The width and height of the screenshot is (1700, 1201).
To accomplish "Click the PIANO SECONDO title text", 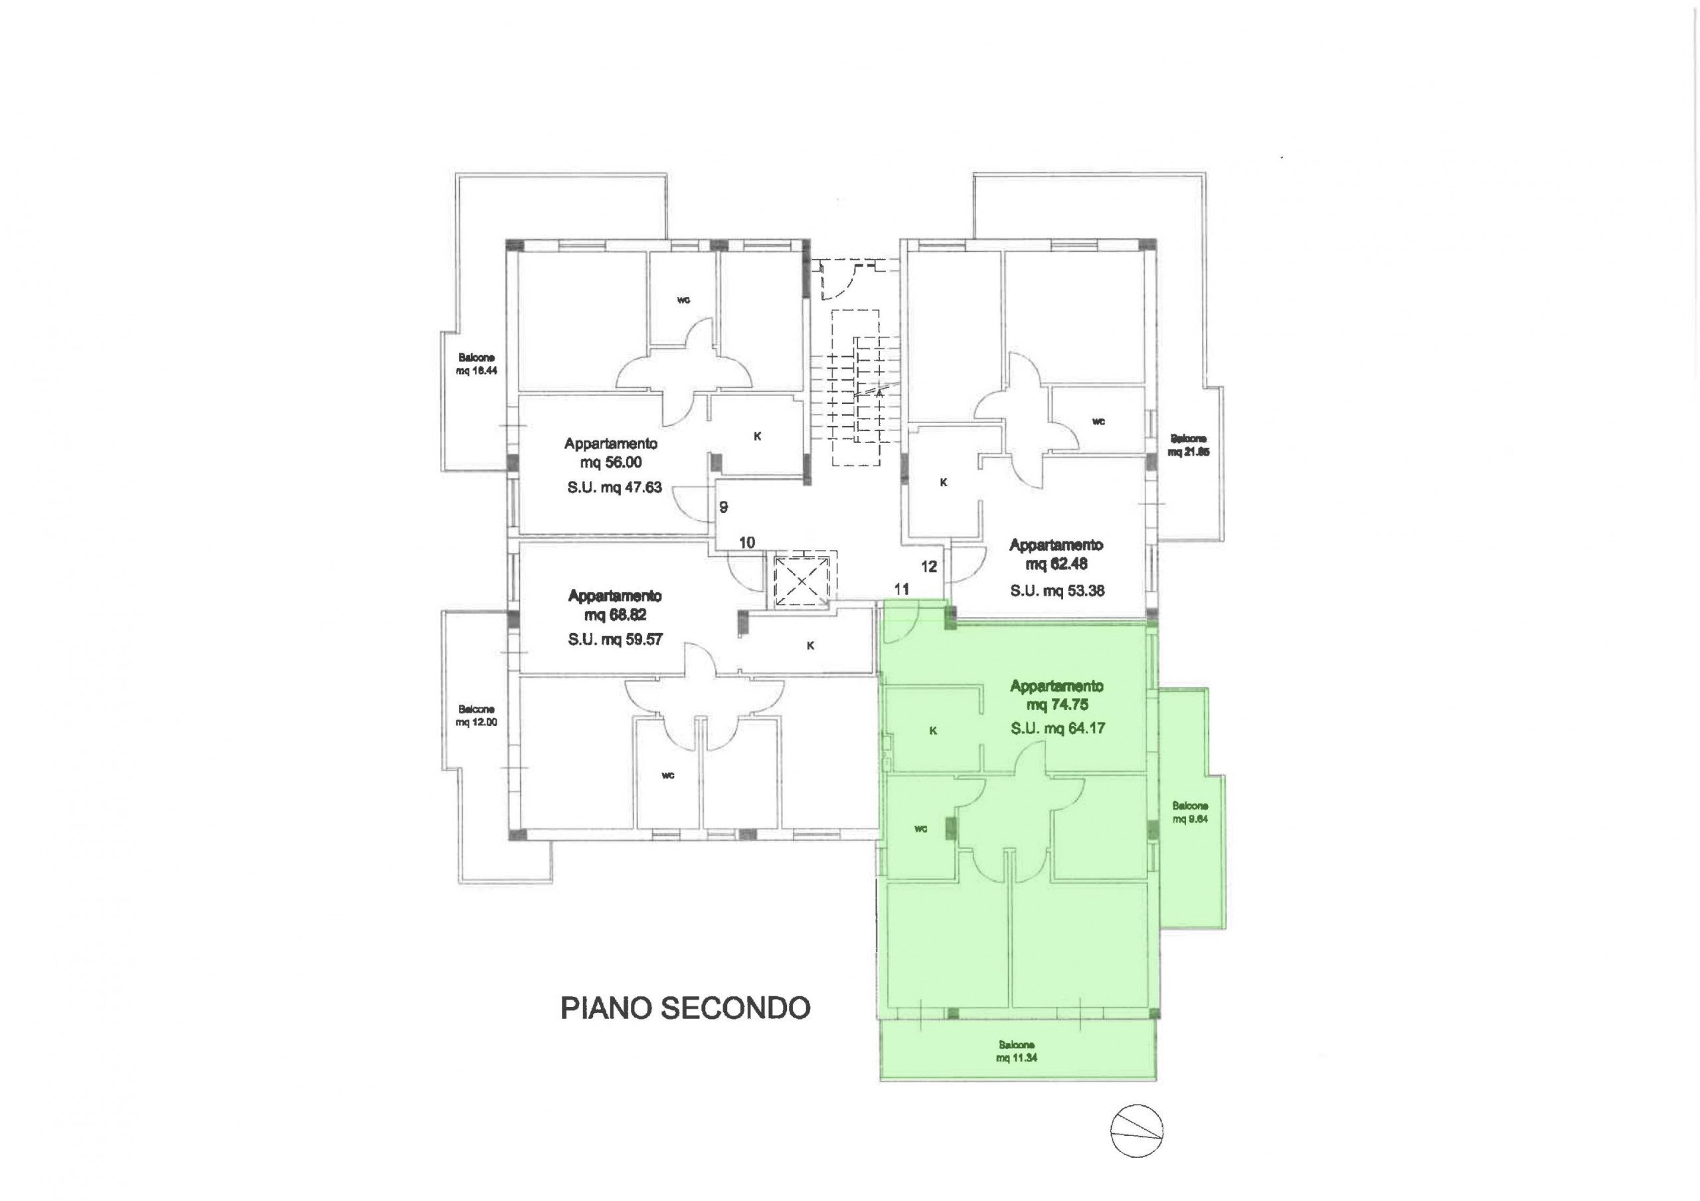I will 685,1008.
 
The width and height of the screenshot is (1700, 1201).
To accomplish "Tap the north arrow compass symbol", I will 1136,1131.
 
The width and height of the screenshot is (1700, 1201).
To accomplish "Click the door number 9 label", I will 724,508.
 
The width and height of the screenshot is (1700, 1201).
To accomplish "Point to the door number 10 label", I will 746,543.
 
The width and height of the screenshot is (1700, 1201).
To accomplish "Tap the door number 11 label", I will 901,589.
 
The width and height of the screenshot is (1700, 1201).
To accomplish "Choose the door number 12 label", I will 929,567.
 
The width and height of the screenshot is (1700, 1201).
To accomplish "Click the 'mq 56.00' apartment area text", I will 611,463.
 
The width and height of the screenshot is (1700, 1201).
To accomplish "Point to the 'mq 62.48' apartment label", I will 1057,564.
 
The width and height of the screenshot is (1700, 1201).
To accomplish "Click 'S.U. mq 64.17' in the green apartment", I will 1057,729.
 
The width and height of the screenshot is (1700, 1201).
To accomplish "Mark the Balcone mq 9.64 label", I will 1190,812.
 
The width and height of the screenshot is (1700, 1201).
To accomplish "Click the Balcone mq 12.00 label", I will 476,716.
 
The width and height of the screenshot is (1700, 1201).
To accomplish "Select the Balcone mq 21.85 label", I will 1189,445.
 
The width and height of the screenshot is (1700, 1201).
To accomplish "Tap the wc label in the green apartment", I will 920,828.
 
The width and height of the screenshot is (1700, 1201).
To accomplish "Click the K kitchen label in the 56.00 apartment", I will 757,437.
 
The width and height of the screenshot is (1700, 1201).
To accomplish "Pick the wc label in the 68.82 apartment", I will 667,775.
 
